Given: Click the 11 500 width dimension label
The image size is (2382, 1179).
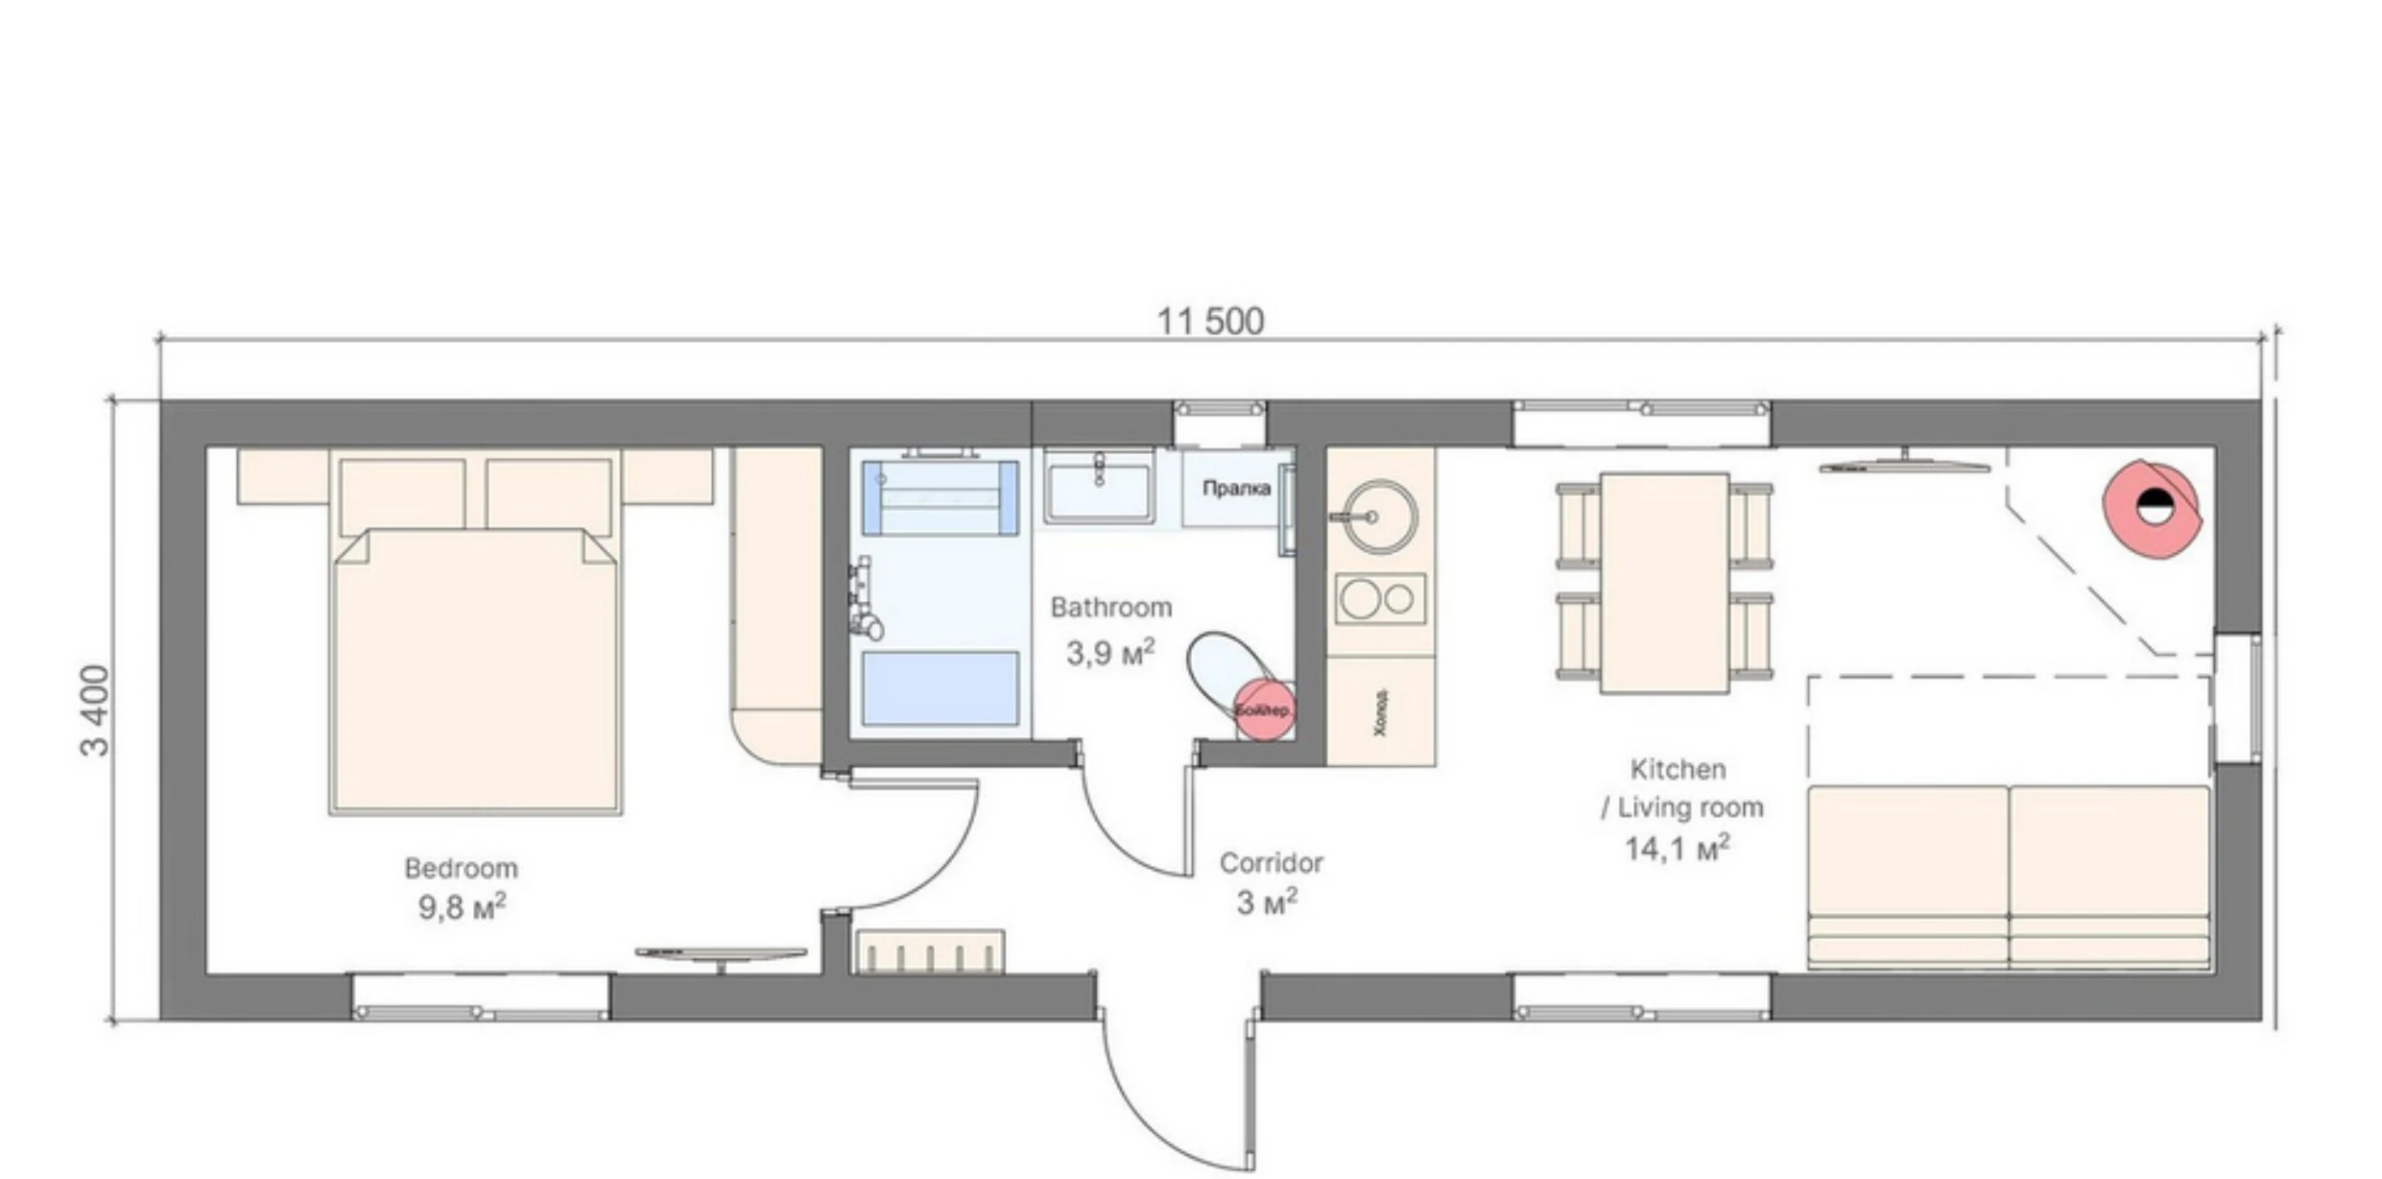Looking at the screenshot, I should [1210, 322].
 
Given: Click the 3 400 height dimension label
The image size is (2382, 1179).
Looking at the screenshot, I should [96, 710].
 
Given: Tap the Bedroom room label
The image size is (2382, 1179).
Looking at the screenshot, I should [461, 868].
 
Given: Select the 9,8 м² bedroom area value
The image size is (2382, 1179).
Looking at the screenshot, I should [462, 906].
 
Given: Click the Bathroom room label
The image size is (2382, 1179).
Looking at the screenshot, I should [1110, 608].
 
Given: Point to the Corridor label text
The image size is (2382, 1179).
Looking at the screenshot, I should [1271, 863].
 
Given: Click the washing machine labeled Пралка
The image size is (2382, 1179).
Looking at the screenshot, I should [1236, 490].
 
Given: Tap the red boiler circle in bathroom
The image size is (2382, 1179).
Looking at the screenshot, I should [1263, 710].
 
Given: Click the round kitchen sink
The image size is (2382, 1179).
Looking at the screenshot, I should [1380, 517].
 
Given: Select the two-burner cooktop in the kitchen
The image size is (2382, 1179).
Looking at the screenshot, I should [1380, 599].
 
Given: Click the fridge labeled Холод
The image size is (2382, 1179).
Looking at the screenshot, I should [1380, 712].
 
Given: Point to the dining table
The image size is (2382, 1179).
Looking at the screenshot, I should [1664, 582].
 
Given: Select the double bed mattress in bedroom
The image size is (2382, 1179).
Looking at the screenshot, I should [476, 672].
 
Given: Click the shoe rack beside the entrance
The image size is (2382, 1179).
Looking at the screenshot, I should [930, 951].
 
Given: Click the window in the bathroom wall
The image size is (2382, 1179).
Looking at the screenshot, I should [1219, 410].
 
